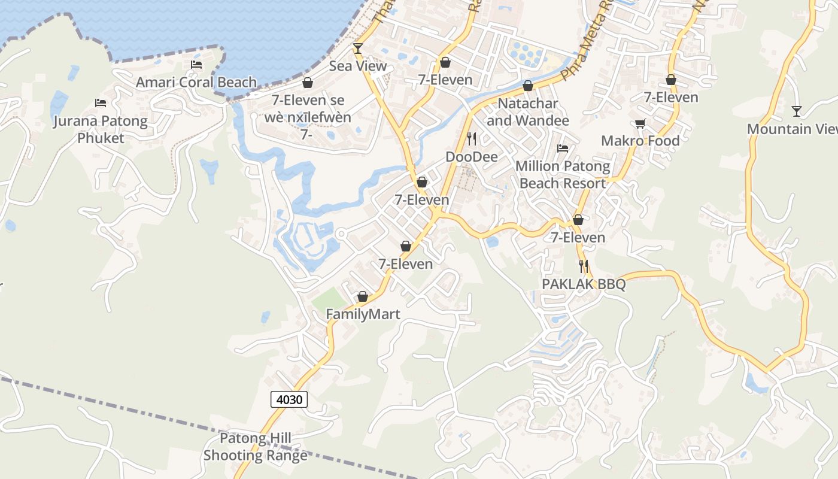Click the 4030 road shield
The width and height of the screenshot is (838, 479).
pyautogui.click(x=289, y=399)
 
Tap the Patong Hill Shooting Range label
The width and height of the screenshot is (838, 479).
pyautogui.click(x=256, y=447)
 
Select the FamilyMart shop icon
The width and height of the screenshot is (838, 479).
pyautogui.click(x=362, y=296)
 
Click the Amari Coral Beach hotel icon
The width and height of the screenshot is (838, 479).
pyautogui.click(x=196, y=65)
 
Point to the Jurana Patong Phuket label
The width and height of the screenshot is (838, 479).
pyautogui.click(x=101, y=129)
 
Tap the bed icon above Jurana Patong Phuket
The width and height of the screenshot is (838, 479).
pyautogui.click(x=101, y=104)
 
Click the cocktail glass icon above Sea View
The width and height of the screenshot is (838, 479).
pyautogui.click(x=358, y=48)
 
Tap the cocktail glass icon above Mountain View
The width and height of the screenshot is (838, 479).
pyautogui.click(x=796, y=111)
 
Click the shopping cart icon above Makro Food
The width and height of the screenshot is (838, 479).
pyautogui.click(x=640, y=124)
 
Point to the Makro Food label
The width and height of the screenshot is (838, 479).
pyautogui.click(x=640, y=141)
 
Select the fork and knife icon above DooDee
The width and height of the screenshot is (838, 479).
pyautogui.click(x=472, y=140)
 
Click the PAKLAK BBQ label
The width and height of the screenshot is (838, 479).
pyautogui.click(x=584, y=284)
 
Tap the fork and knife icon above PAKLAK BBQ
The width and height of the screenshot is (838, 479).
pyautogui.click(x=584, y=266)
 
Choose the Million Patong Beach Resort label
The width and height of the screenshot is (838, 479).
pyautogui.click(x=563, y=174)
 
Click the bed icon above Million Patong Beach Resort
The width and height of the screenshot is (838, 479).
pyautogui.click(x=563, y=148)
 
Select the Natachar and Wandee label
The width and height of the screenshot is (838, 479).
pyautogui.click(x=527, y=112)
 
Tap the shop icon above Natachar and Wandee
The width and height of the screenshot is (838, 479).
pyautogui.click(x=527, y=86)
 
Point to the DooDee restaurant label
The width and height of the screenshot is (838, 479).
pyautogui.click(x=472, y=157)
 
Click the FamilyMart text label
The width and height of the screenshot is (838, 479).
pyautogui.click(x=363, y=314)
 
